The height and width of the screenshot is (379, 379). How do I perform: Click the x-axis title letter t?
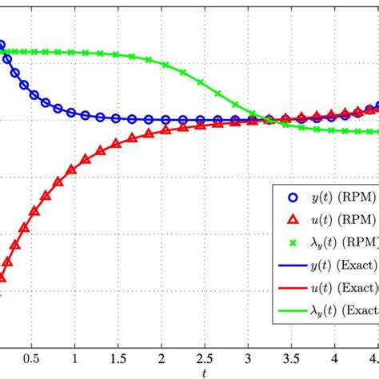coord(205,372)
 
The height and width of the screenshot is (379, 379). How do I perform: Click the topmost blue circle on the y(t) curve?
coord(2,46)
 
